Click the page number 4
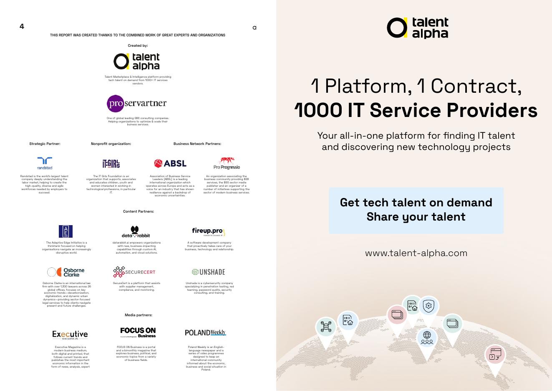22,26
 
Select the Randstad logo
45,163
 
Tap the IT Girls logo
111,163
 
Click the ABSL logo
170,163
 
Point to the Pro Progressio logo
227,163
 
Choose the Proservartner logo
137,103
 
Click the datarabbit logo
136,232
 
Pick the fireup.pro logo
208,232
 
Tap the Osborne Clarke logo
66,272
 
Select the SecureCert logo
134,272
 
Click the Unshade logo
208,272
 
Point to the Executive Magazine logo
70,335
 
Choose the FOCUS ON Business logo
138,333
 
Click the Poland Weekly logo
205,333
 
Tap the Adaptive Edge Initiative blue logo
66,231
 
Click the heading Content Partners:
139,211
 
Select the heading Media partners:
139,315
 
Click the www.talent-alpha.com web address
416,253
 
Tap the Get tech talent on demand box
416,210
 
